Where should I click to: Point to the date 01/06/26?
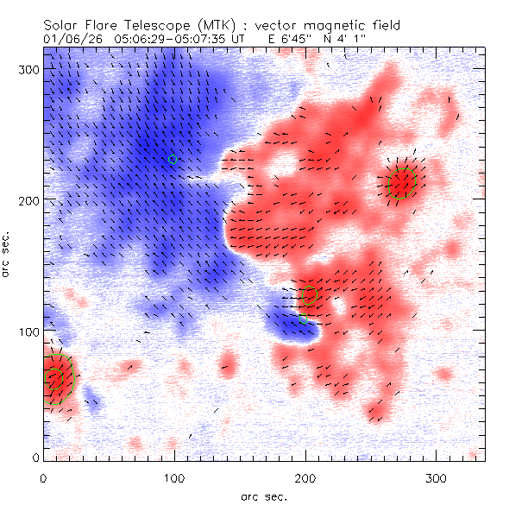coord(70,39)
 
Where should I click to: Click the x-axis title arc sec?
coord(264,496)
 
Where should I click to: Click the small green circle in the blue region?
coord(173,159)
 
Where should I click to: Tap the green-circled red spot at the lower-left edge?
coord(57,378)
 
